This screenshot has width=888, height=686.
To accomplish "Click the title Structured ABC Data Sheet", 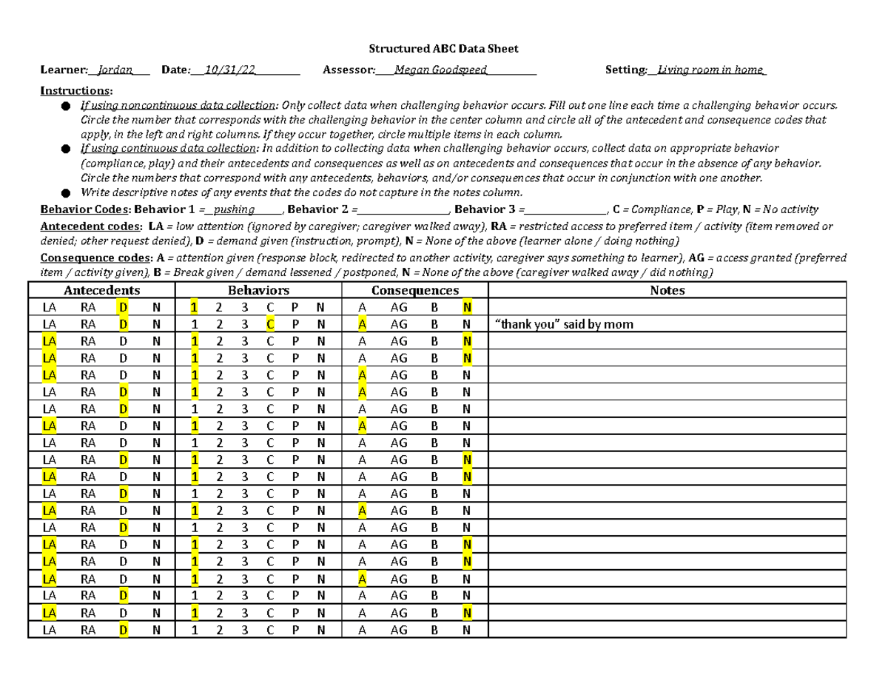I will [x=444, y=49].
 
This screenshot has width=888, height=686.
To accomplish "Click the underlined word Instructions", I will [x=76, y=90].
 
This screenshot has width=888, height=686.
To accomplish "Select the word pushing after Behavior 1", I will [x=234, y=209].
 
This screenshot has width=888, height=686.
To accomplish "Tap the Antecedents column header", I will [x=101, y=291].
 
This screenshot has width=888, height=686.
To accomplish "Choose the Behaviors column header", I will [x=258, y=291].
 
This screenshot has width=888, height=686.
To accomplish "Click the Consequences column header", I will [x=414, y=291].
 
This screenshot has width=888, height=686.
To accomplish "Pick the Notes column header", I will [x=667, y=291].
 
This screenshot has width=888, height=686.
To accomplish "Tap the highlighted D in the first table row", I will [x=123, y=307].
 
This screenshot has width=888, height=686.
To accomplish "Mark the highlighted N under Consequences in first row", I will [x=466, y=307].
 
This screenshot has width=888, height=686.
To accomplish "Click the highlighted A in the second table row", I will [x=362, y=324].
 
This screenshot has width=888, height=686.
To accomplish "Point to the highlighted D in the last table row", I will [x=123, y=630].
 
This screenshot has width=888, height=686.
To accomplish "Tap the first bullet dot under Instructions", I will [x=66, y=106].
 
